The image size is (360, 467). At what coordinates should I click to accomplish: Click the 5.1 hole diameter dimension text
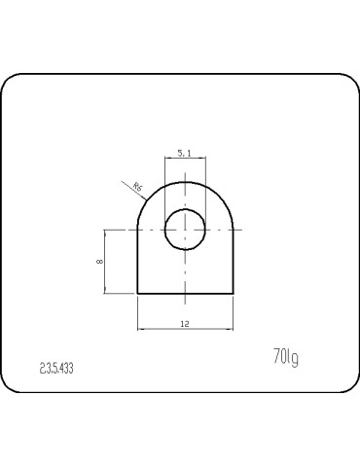coord(185,152)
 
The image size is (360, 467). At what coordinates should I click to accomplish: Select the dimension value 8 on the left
coord(98,262)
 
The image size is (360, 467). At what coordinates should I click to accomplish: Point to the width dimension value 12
coord(185,322)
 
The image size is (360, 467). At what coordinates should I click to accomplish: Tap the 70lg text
coord(285,358)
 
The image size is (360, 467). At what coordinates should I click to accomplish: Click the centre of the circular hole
coord(185,230)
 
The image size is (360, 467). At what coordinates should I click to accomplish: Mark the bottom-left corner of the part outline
coord(137,294)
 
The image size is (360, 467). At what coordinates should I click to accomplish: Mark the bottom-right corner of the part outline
coord(234,294)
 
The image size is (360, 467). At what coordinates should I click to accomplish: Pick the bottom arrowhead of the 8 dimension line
coord(105,291)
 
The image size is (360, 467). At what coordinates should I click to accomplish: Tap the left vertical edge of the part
coord(137,263)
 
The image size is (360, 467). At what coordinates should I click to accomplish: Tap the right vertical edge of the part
coord(234,263)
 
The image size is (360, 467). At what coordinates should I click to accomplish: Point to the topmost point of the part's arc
coord(185,182)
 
